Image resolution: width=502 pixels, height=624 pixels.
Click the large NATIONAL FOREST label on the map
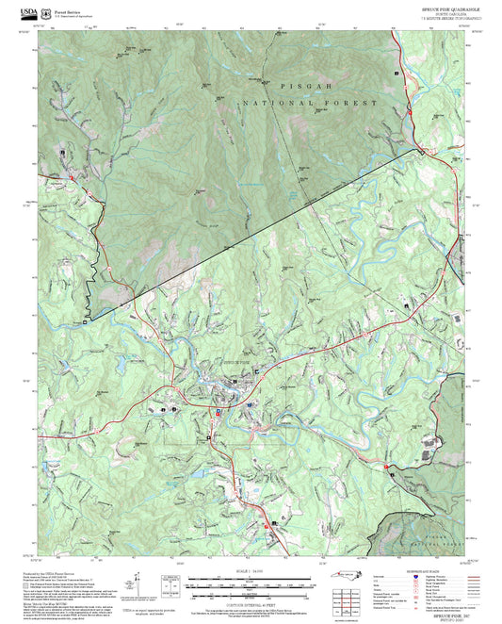(310, 102)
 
